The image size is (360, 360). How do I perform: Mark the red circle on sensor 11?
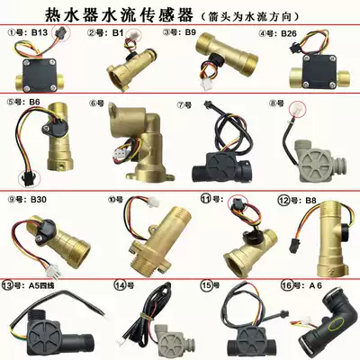click(239, 205)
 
